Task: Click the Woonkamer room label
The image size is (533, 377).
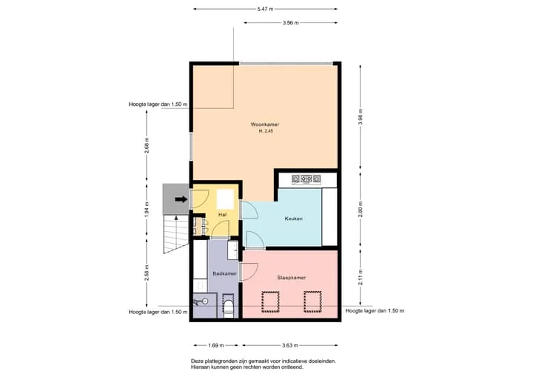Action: click(265, 124)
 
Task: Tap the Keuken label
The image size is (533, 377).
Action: click(294, 218)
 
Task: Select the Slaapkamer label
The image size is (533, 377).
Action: click(292, 278)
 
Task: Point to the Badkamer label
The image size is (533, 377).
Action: click(225, 273)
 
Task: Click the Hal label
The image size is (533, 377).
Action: click(223, 215)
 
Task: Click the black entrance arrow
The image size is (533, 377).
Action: click(181, 199)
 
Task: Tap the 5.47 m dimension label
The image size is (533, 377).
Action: click(265, 9)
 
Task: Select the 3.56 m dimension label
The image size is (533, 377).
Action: click(291, 23)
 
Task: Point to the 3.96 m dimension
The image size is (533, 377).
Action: click(361, 117)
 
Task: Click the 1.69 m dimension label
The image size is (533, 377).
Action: click(216, 345)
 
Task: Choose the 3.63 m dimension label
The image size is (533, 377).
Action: click(290, 345)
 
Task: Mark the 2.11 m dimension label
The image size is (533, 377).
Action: click(361, 277)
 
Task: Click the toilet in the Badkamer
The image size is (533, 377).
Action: click(229, 307)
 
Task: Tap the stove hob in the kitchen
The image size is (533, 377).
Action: click(306, 179)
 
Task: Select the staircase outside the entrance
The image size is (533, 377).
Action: click(176, 234)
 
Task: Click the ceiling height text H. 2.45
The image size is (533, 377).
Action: click(266, 131)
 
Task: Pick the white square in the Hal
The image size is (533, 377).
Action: click(225, 199)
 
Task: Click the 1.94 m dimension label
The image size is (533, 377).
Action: click(147, 210)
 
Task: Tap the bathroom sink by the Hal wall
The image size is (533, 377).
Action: click(233, 250)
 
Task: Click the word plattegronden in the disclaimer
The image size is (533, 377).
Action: click(218, 361)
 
